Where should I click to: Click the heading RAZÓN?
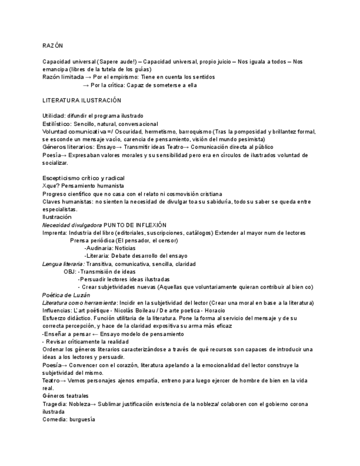tap(53, 46)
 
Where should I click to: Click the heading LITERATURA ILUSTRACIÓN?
tap(81, 101)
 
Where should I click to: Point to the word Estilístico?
tap(56, 124)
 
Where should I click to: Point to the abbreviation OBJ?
tap(69, 271)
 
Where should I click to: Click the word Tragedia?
tap(54, 404)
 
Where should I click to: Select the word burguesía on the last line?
tap(82, 419)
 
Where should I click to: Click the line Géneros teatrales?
tap(65, 396)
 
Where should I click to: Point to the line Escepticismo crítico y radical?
tap(84, 178)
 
